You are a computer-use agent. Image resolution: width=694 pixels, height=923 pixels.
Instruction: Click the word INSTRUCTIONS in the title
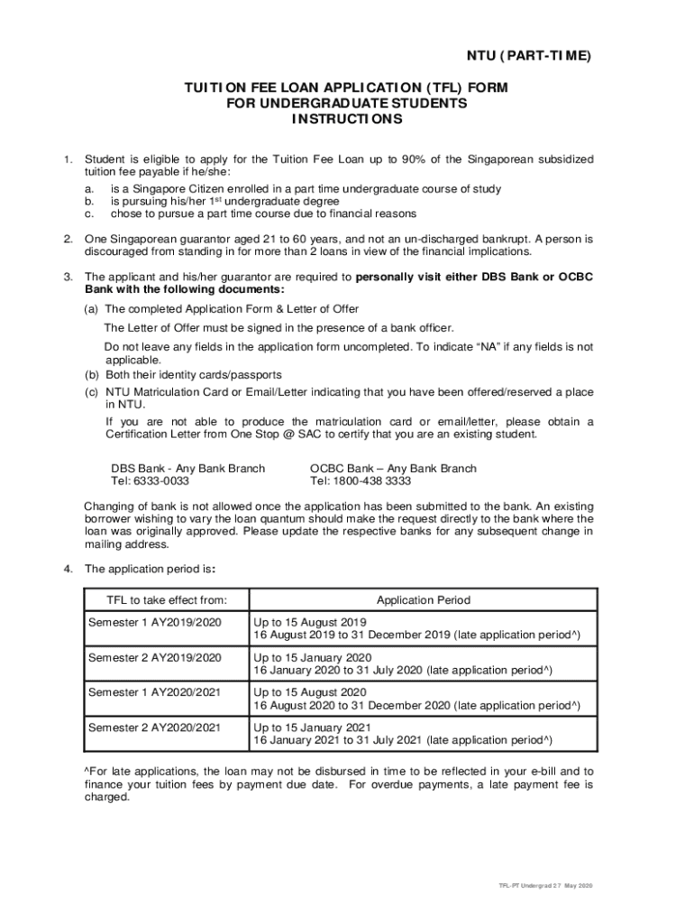(x=347, y=119)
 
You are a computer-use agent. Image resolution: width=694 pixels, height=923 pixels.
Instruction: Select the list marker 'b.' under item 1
(x=89, y=202)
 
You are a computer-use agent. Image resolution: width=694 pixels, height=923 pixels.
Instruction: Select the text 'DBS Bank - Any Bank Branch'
(x=187, y=469)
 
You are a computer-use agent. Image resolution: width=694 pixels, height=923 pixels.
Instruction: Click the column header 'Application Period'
(x=423, y=600)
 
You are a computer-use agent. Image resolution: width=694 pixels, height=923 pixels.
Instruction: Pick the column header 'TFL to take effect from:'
(x=167, y=600)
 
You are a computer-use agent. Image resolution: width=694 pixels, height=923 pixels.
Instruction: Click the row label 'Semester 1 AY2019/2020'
(x=154, y=623)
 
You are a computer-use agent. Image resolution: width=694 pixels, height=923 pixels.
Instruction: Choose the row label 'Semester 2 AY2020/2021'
(x=154, y=727)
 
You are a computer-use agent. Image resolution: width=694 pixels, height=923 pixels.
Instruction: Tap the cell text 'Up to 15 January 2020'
(x=313, y=658)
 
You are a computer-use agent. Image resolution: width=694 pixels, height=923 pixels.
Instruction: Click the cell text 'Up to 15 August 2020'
(x=310, y=692)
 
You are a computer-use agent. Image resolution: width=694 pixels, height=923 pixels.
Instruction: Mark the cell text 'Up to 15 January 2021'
(x=313, y=727)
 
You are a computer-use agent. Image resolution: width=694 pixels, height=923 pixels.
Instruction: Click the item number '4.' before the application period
(x=68, y=569)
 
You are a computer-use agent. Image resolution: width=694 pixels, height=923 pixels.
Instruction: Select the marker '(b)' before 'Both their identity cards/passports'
(x=92, y=374)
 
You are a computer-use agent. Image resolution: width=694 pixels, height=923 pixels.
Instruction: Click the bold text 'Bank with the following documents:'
(x=185, y=289)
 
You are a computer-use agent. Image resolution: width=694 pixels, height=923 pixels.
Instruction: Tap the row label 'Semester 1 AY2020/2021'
(x=154, y=692)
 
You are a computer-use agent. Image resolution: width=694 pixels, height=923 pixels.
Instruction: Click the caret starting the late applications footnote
(x=87, y=771)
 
